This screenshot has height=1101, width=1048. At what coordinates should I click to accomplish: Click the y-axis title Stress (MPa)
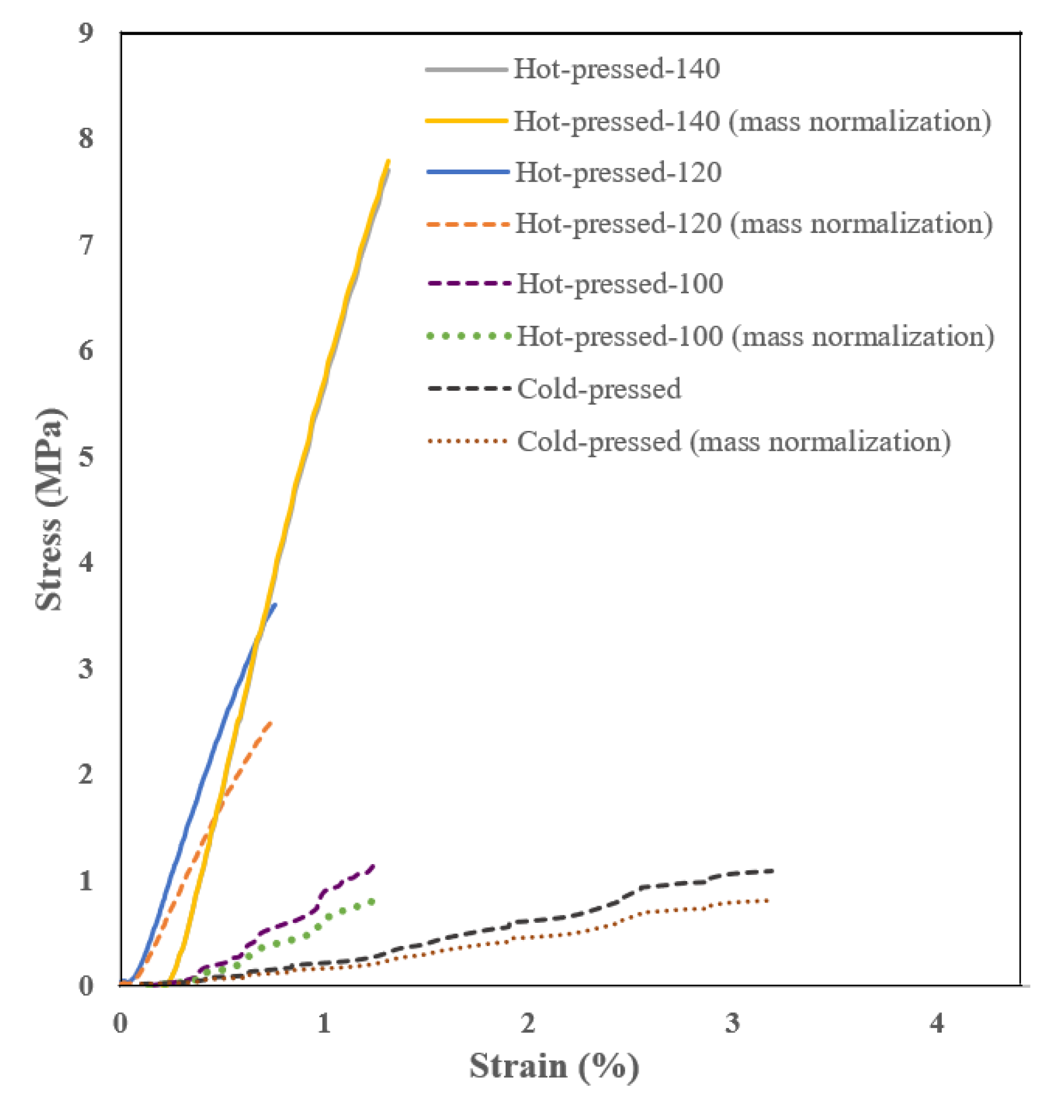coord(50,509)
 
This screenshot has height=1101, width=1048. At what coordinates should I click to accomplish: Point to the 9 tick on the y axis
coord(86,33)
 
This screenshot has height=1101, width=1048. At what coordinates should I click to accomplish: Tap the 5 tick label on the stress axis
coord(86,456)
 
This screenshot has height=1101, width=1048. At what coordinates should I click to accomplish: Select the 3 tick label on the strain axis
coord(732,1022)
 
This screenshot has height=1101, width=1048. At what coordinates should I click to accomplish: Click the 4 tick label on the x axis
coord(936,1022)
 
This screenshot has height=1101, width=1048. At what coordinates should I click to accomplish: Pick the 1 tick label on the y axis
coord(86,880)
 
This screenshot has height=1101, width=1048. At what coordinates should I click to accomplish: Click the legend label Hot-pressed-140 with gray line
coord(616,69)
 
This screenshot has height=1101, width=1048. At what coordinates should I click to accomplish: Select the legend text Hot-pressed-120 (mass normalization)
coord(753,223)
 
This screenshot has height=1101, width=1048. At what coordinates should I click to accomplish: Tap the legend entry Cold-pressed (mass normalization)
coord(734,441)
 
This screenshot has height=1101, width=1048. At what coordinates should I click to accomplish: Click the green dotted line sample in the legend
coord(468,336)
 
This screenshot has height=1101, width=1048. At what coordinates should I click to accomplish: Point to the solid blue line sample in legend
coord(468,172)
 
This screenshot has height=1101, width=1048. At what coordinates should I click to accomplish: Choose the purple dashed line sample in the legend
coord(468,283)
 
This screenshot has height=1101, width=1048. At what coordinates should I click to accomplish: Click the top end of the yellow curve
coord(388,161)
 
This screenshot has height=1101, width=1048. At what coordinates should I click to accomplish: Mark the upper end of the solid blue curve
coord(275,605)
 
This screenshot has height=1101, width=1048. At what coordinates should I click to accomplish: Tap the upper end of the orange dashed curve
coord(271,723)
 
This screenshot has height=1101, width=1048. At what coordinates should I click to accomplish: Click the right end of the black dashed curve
coord(772,871)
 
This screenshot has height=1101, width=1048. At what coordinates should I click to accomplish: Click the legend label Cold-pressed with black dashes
coord(598,388)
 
